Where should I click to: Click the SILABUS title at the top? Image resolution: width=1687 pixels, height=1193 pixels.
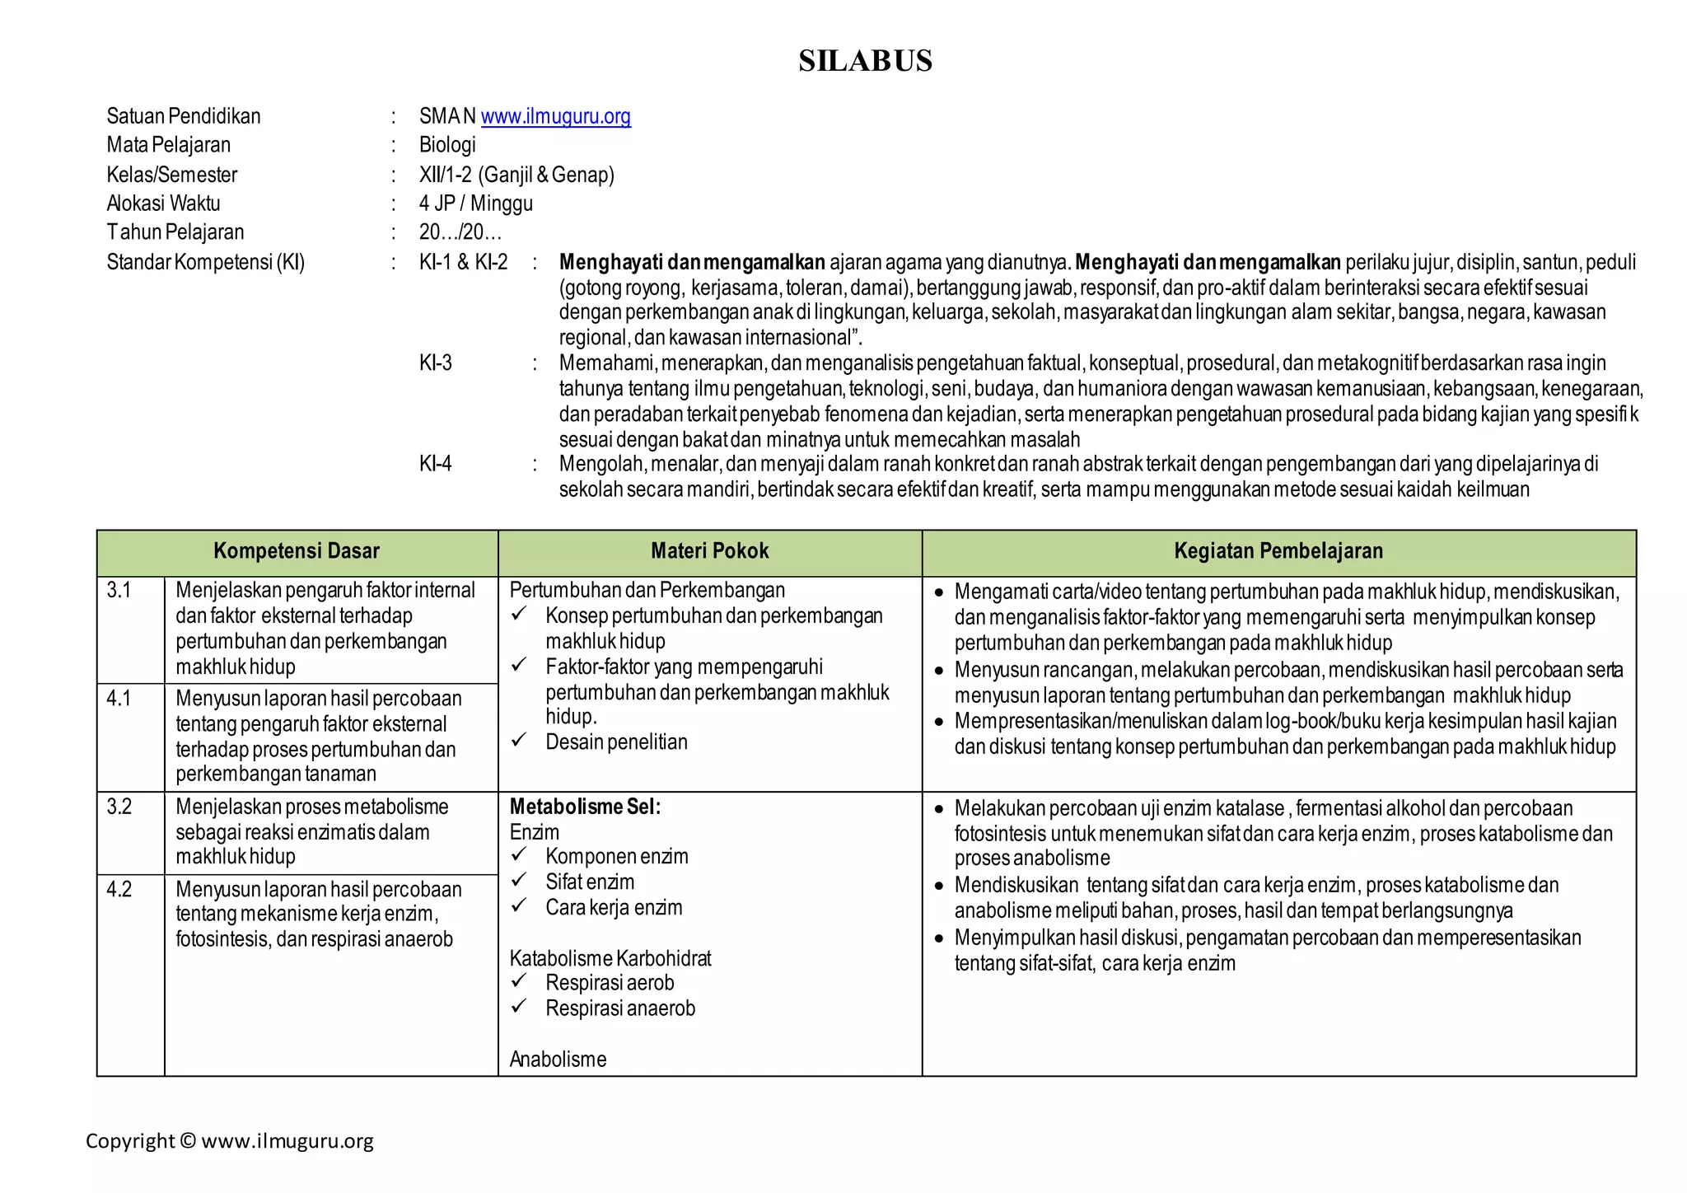coord(865,61)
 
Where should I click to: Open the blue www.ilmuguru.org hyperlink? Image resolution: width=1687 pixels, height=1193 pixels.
coord(555,116)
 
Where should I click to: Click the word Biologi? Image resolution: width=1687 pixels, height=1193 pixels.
coord(447,145)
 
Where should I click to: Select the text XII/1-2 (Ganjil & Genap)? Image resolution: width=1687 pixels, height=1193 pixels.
coord(516,175)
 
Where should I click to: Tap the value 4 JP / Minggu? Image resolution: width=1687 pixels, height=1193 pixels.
coord(475,204)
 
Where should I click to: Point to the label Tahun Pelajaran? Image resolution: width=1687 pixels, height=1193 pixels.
coord(175,232)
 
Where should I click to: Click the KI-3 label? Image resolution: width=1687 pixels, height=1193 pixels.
coord(435,363)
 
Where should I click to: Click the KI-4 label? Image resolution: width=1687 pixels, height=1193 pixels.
coord(435,464)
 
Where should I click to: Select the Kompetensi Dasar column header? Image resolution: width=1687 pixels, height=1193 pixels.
coord(297,551)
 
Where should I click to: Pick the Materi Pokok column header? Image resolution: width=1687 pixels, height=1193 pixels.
coord(709,551)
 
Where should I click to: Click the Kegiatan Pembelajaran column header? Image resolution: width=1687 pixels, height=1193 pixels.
coord(1278,551)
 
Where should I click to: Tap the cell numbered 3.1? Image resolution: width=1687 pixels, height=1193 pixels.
coord(119,590)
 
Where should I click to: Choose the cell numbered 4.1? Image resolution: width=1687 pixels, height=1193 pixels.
coord(119,699)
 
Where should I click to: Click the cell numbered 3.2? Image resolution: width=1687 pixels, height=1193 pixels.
coord(119,807)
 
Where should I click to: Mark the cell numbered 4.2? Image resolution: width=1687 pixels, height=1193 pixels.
coord(119,890)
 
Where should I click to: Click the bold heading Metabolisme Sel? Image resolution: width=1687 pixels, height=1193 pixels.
coord(585,807)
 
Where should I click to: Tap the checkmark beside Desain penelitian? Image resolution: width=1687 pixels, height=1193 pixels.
coord(519,740)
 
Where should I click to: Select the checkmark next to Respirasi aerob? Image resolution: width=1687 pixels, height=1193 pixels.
coord(519,980)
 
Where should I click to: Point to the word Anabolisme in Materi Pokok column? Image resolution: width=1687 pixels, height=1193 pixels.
coord(558,1060)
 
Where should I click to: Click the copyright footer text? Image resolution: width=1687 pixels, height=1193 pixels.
coord(230,1141)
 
